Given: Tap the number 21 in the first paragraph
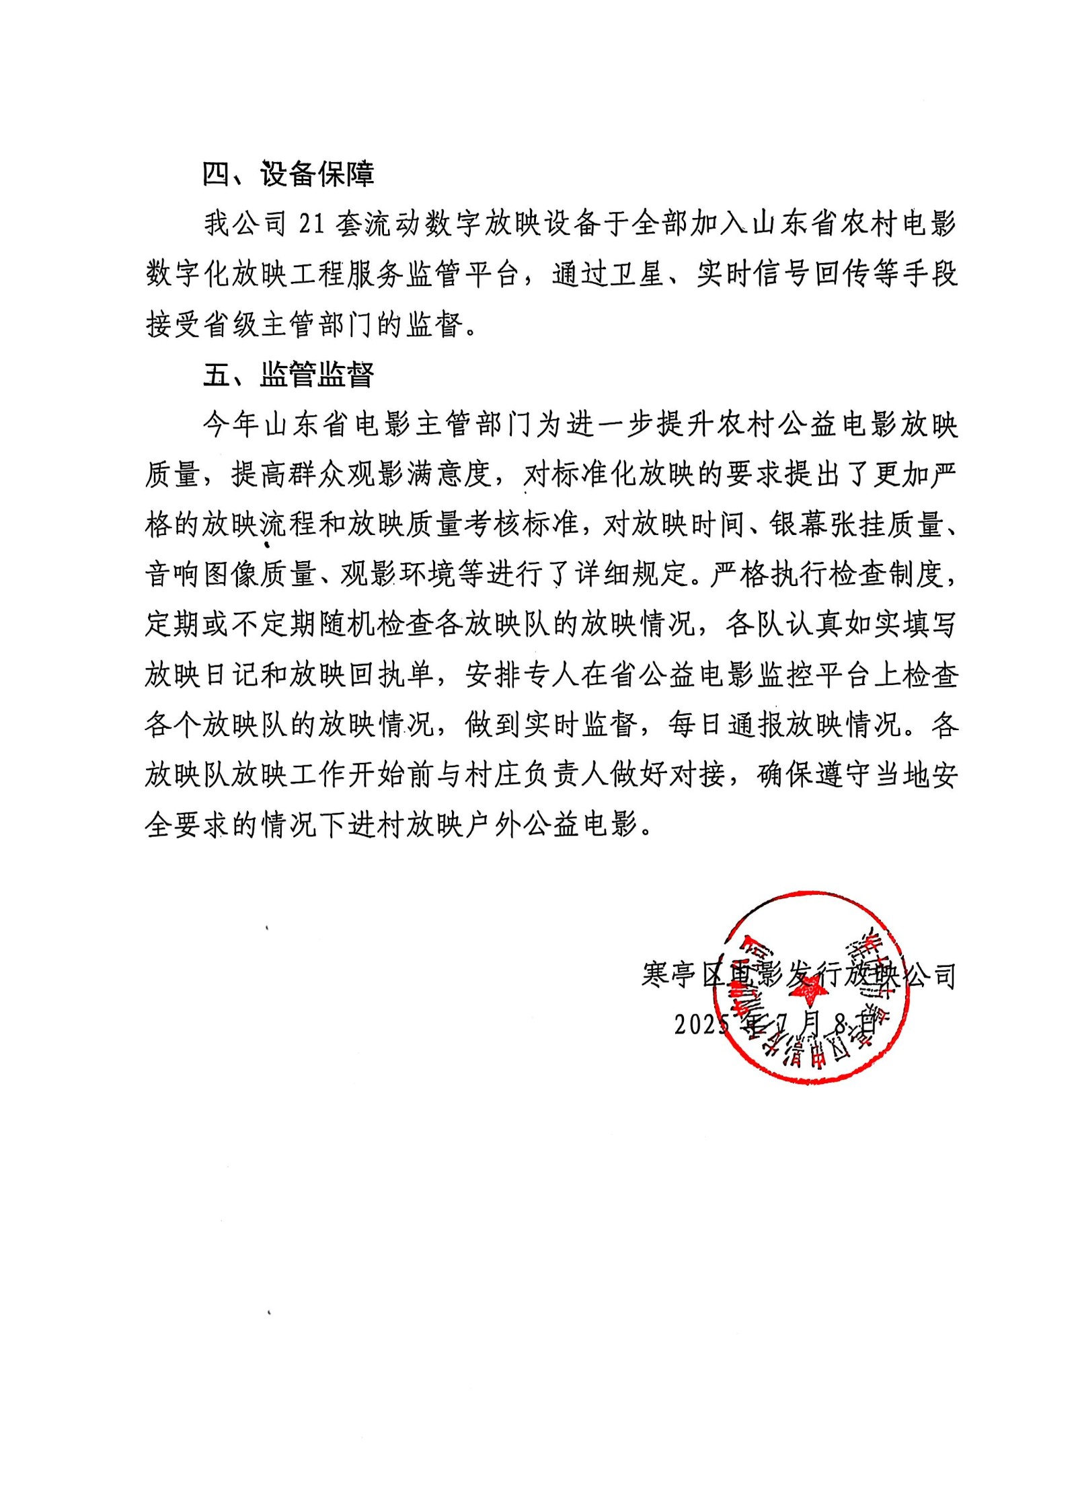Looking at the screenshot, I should pyautogui.click(x=312, y=224).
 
